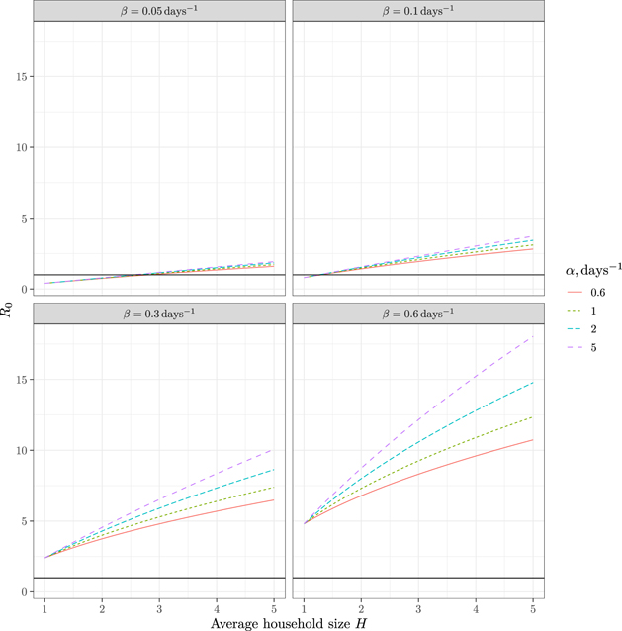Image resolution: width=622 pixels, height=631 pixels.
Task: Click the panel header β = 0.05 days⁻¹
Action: click(x=159, y=10)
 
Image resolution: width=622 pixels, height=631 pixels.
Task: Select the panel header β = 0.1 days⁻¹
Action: click(x=419, y=10)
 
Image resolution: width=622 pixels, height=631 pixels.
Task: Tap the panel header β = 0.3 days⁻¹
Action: click(x=159, y=313)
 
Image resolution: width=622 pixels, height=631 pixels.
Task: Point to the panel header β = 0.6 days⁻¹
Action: click(x=419, y=313)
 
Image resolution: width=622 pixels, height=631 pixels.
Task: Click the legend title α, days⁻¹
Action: click(x=585, y=269)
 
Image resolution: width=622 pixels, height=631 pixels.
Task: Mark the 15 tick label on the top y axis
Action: click(x=21, y=76)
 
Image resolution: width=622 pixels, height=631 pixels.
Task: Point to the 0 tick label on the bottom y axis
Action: click(x=24, y=591)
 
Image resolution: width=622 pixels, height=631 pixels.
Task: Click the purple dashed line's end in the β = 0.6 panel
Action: click(x=534, y=336)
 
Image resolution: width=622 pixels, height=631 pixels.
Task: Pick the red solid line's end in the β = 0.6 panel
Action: click(x=534, y=440)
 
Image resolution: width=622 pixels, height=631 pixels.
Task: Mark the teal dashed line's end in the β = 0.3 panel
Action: click(x=274, y=469)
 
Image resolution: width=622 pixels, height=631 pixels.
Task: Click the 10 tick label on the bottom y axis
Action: click(x=21, y=450)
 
